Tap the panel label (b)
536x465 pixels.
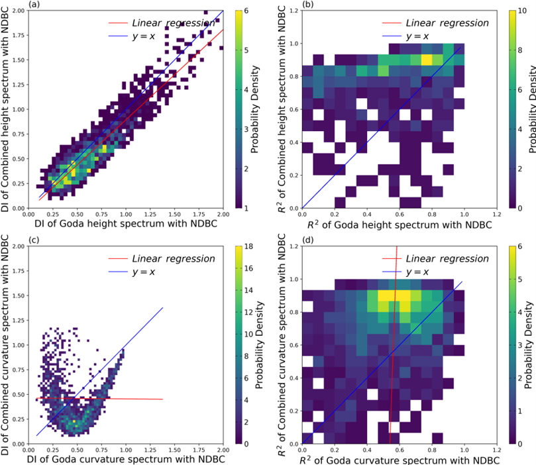[x=309, y=5]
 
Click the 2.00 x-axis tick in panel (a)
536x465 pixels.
[x=223, y=214]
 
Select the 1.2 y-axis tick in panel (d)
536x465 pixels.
[x=292, y=246]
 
